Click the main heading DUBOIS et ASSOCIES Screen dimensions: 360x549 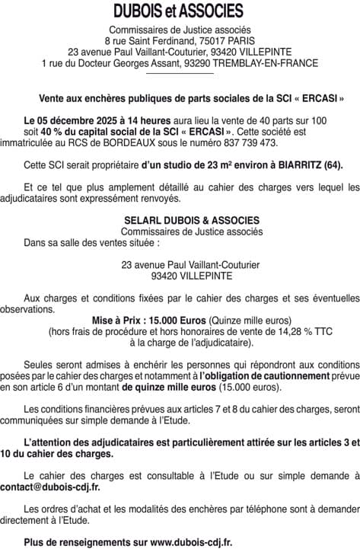point(180,11)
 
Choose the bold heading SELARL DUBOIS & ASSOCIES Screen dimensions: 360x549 point(180,221)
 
